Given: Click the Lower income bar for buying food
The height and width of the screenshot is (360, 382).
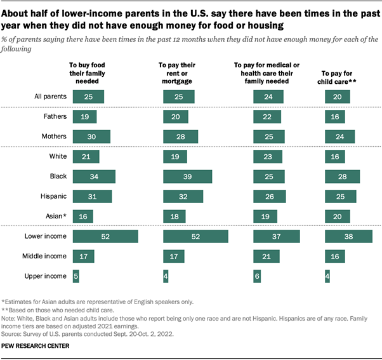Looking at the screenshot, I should pyautogui.click(x=105, y=237).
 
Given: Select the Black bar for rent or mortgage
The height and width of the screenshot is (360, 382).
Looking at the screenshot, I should pyautogui.click(x=188, y=177).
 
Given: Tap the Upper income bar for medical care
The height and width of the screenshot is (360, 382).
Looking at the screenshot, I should pyautogui.click(x=257, y=277).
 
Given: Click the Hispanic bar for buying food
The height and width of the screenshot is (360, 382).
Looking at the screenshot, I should pyautogui.click(x=92, y=197).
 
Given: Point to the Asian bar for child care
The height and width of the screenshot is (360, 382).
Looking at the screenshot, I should pyautogui.click(x=337, y=217).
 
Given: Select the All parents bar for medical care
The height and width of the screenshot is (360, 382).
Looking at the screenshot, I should pyautogui.click(x=268, y=97).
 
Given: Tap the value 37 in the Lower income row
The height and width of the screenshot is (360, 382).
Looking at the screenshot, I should pyautogui.click(x=276, y=237).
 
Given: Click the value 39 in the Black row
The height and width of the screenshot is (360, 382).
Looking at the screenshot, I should pyautogui.click(x=188, y=177).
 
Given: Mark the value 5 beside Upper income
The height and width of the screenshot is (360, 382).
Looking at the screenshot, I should pyautogui.click(x=76, y=277).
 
